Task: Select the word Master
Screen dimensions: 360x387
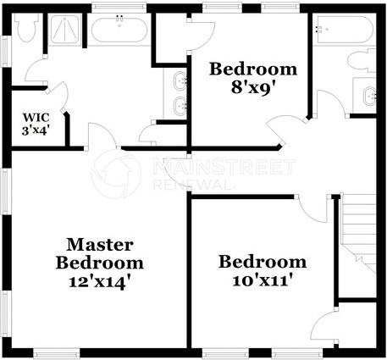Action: click(x=99, y=244)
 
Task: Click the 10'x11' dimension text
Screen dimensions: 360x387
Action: click(x=263, y=280)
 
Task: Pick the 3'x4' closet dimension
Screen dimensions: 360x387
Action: click(x=36, y=131)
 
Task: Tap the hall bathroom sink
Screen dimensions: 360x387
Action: click(x=370, y=95)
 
